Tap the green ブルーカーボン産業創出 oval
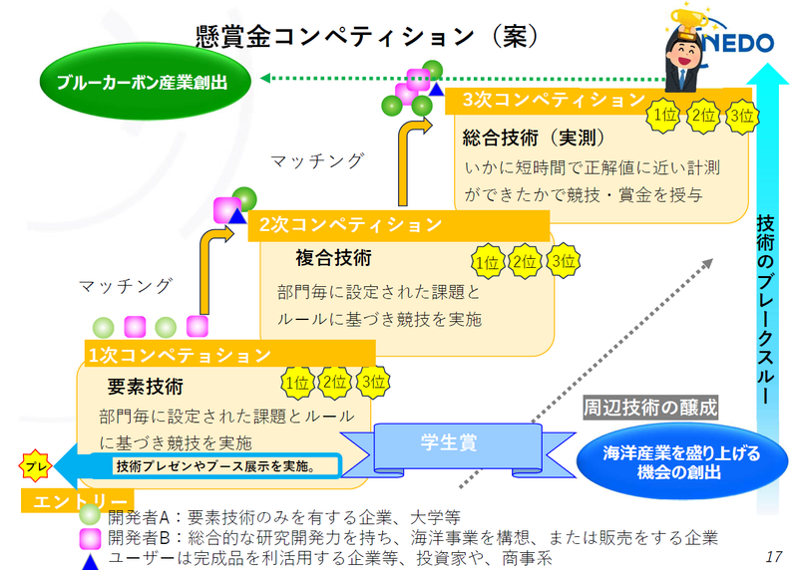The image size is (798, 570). tap(127, 84)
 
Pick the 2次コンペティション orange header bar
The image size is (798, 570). tap(399, 225)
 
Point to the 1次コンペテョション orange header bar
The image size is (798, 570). tap(229, 354)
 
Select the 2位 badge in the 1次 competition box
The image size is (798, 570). tap(335, 382)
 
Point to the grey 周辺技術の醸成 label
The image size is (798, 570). tap(650, 407)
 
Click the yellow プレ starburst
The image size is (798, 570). tap(35, 465)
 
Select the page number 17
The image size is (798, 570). tap(774, 554)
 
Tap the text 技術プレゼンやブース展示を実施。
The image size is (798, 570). tap(215, 465)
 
